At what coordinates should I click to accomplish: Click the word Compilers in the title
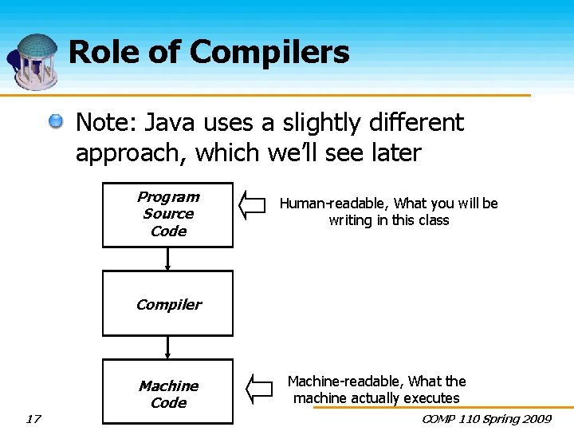269,53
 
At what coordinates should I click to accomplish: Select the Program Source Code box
167,214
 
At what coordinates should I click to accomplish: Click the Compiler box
167,303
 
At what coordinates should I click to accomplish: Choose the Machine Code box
167,394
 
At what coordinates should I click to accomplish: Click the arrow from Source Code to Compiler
167,259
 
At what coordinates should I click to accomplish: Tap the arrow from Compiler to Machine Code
167,348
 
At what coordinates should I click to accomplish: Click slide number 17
33,418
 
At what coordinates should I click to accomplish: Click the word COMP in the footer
438,418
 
